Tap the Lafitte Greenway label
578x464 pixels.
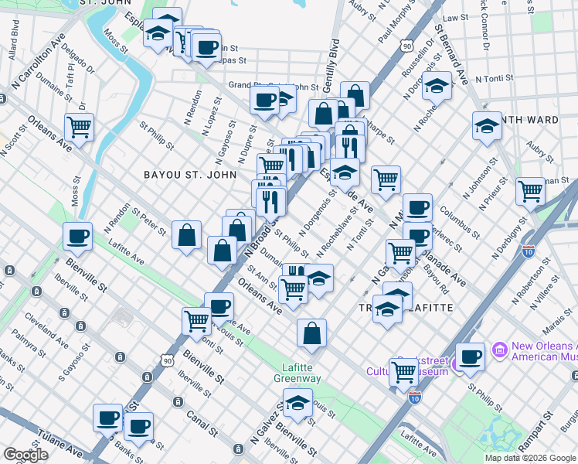tap(297, 373)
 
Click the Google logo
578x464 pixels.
tap(25, 455)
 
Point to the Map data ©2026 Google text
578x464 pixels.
tap(529, 458)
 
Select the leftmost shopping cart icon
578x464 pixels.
tap(79, 127)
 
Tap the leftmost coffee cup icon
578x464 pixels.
tap(77, 237)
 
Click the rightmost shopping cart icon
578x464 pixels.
tap(531, 190)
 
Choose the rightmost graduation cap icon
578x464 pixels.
tap(486, 126)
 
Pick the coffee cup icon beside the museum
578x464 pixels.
tap(470, 357)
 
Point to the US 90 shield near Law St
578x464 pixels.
tap(406, 47)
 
